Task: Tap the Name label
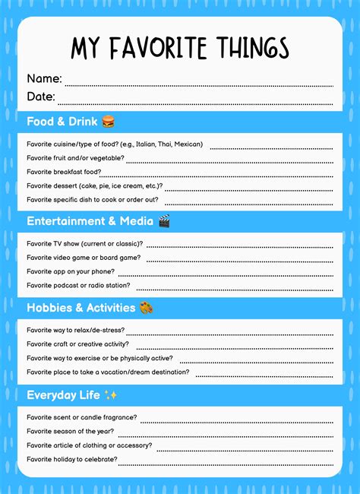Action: pos(44,78)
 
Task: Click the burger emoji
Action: pos(108,122)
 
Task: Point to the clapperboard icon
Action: pos(164,221)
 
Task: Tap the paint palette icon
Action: pos(147,308)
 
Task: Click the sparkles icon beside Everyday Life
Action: pos(111,395)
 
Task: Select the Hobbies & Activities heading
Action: pos(80,308)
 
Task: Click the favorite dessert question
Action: pos(94,185)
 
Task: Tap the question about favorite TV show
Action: pos(85,244)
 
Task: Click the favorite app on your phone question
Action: pos(71,271)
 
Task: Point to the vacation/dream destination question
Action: pos(108,372)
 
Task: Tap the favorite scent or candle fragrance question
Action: pos(82,417)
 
